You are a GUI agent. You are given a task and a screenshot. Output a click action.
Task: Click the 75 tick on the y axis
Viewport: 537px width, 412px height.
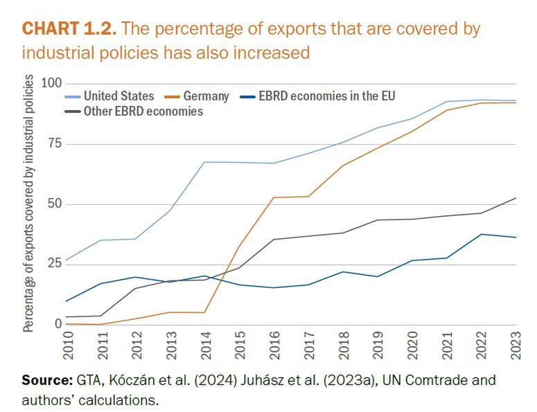click(x=53, y=143)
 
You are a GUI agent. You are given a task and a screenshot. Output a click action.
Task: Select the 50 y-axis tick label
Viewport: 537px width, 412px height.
click(x=53, y=204)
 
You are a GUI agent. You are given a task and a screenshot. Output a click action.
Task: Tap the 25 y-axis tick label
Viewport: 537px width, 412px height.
click(x=53, y=264)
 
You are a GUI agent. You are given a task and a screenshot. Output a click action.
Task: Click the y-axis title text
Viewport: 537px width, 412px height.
click(x=28, y=204)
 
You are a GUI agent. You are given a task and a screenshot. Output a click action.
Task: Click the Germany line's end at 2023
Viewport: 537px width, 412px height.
click(x=516, y=102)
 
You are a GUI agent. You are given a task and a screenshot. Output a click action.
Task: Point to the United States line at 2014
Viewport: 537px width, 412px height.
click(x=206, y=162)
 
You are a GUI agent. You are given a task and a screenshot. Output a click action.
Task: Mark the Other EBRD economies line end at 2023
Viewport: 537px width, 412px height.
click(x=516, y=198)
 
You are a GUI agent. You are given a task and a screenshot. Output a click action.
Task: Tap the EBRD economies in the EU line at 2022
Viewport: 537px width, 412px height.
click(x=482, y=234)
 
